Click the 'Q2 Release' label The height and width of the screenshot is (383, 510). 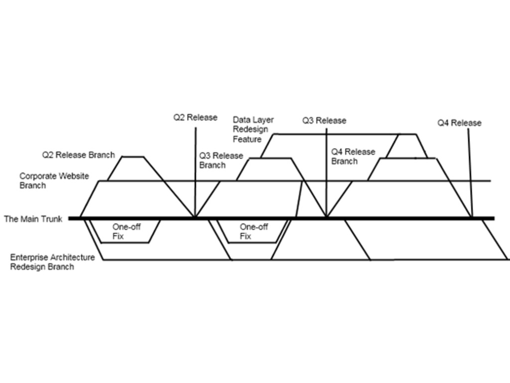(195, 118)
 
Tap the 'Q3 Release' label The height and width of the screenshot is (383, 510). (324, 121)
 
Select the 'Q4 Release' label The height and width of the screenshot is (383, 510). (459, 123)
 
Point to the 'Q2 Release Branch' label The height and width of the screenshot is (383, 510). (78, 155)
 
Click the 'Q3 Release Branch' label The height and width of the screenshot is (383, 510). (221, 161)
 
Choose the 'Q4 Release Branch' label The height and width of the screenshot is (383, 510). (353, 157)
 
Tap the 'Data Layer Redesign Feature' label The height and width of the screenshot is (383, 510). (253, 129)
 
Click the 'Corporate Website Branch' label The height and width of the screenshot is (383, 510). (54, 181)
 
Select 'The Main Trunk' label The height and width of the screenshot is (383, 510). (33, 218)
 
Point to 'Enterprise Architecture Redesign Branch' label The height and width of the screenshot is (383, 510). (52, 262)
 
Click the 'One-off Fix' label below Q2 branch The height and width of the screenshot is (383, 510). (126, 231)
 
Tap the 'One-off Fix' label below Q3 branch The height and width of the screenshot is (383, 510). (254, 231)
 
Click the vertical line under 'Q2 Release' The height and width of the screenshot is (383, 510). (195, 170)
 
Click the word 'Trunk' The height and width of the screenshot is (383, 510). (51, 218)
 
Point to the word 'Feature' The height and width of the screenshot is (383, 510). (247, 139)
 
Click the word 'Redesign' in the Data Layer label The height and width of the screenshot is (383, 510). (250, 129)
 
